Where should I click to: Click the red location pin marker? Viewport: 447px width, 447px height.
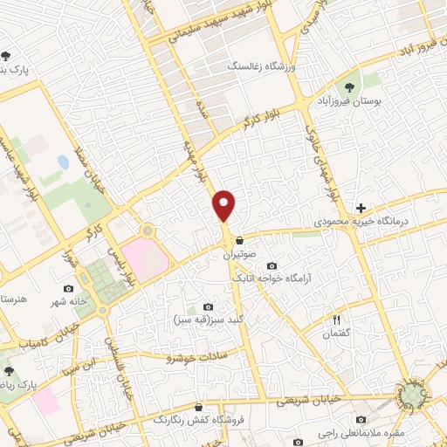point(225,204)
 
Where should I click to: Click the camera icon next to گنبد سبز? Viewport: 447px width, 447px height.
point(208,306)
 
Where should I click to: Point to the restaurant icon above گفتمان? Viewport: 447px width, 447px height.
point(335,320)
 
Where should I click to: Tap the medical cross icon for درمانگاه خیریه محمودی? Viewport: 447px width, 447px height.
point(361,208)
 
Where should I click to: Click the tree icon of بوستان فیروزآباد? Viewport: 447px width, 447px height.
point(349,87)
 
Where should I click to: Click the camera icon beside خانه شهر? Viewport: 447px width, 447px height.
point(69,288)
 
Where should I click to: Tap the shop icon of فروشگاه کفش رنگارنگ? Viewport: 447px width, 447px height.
point(199,407)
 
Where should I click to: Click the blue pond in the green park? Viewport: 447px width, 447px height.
point(63,162)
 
